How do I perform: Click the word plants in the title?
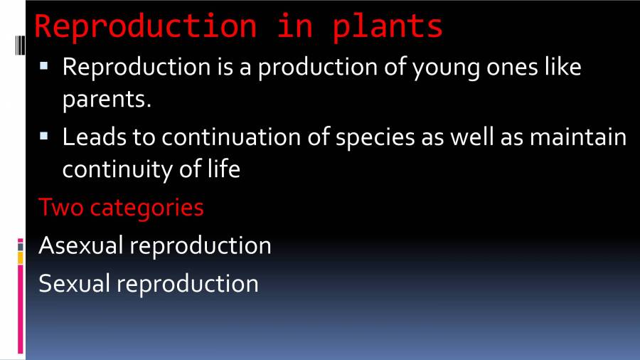(388, 26)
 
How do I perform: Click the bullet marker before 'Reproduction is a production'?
(44, 66)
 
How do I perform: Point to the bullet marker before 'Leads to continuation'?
(44, 134)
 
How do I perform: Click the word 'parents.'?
(107, 100)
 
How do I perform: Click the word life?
(221, 170)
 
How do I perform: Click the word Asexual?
(81, 245)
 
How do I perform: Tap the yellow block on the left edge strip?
(21, 258)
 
